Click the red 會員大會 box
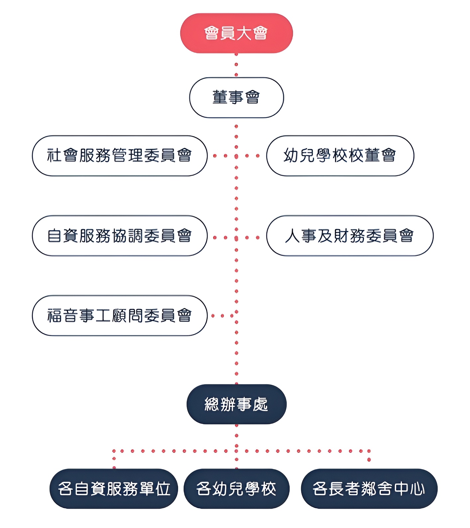tap(236, 33)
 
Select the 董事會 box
tap(236, 97)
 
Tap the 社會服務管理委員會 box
tap(120, 156)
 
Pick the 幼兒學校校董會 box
tap(340, 156)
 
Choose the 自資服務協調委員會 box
tap(120, 236)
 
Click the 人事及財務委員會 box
tap(350, 236)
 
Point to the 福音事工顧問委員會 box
tap(120, 316)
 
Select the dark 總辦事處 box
tap(236, 404)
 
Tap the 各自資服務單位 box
tap(114, 488)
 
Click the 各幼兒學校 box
tap(236, 488)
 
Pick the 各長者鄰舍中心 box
tap(369, 488)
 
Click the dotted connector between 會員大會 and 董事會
tap(236, 65)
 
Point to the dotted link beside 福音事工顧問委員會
tap(222, 316)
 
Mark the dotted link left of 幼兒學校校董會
tap(252, 156)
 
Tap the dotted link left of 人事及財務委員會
tap(252, 237)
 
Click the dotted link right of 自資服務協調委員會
tap(220, 237)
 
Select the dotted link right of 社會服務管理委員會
tap(220, 156)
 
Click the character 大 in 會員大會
tap(244, 33)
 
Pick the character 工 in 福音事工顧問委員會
tap(103, 316)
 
